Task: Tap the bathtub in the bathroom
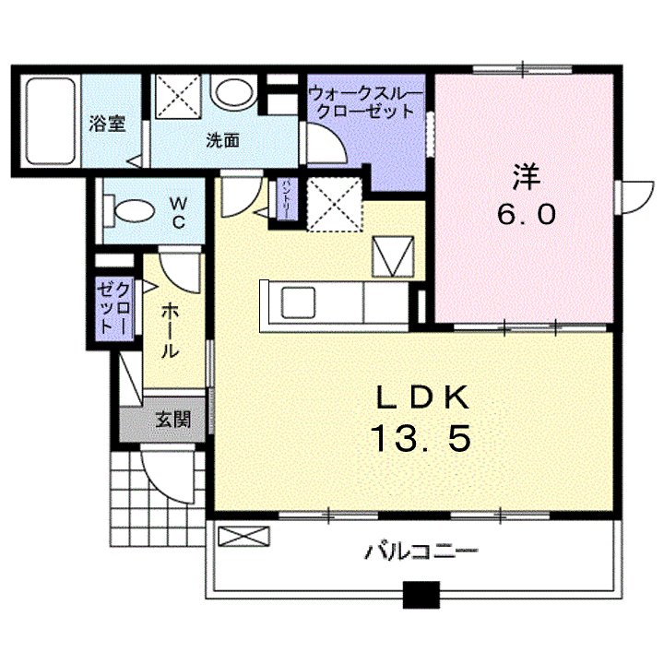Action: coord(50,122)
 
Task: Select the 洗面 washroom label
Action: coord(222,141)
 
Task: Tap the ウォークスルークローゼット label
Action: coord(365,102)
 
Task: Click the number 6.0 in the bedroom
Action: coord(527,215)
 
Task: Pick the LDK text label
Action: coord(422,397)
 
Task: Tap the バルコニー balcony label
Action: coord(421,553)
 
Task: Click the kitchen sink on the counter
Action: coord(297,302)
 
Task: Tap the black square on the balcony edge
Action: coord(421,596)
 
